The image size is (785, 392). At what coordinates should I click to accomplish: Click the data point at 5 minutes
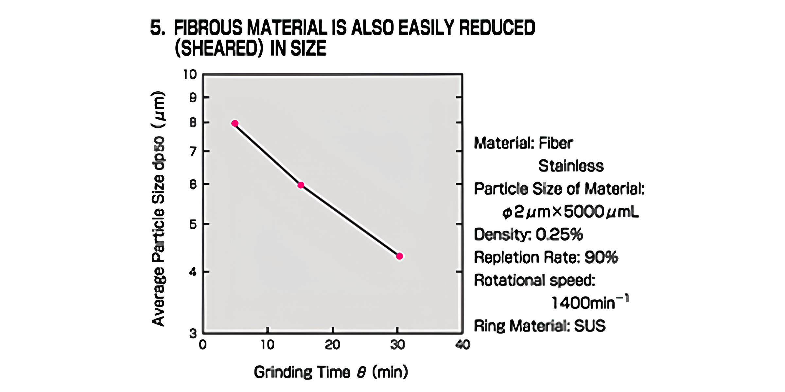[235, 123]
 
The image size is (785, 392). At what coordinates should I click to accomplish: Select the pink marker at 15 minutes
[301, 185]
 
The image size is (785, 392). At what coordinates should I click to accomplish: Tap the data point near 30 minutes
[399, 256]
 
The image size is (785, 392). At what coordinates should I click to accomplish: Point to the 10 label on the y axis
[190, 75]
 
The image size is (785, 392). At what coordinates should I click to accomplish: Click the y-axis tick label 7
[193, 152]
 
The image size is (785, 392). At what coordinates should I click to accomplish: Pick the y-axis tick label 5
[193, 224]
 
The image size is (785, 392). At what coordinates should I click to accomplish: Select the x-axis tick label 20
[332, 345]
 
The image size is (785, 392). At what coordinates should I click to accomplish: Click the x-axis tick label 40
[463, 345]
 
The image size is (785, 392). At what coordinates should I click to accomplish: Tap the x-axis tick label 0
[203, 345]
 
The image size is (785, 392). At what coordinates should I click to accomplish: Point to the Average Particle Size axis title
[158, 209]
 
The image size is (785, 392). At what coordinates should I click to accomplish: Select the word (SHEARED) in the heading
[218, 48]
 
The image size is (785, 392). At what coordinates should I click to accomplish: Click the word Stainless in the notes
[571, 166]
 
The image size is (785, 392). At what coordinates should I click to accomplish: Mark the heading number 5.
[157, 27]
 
